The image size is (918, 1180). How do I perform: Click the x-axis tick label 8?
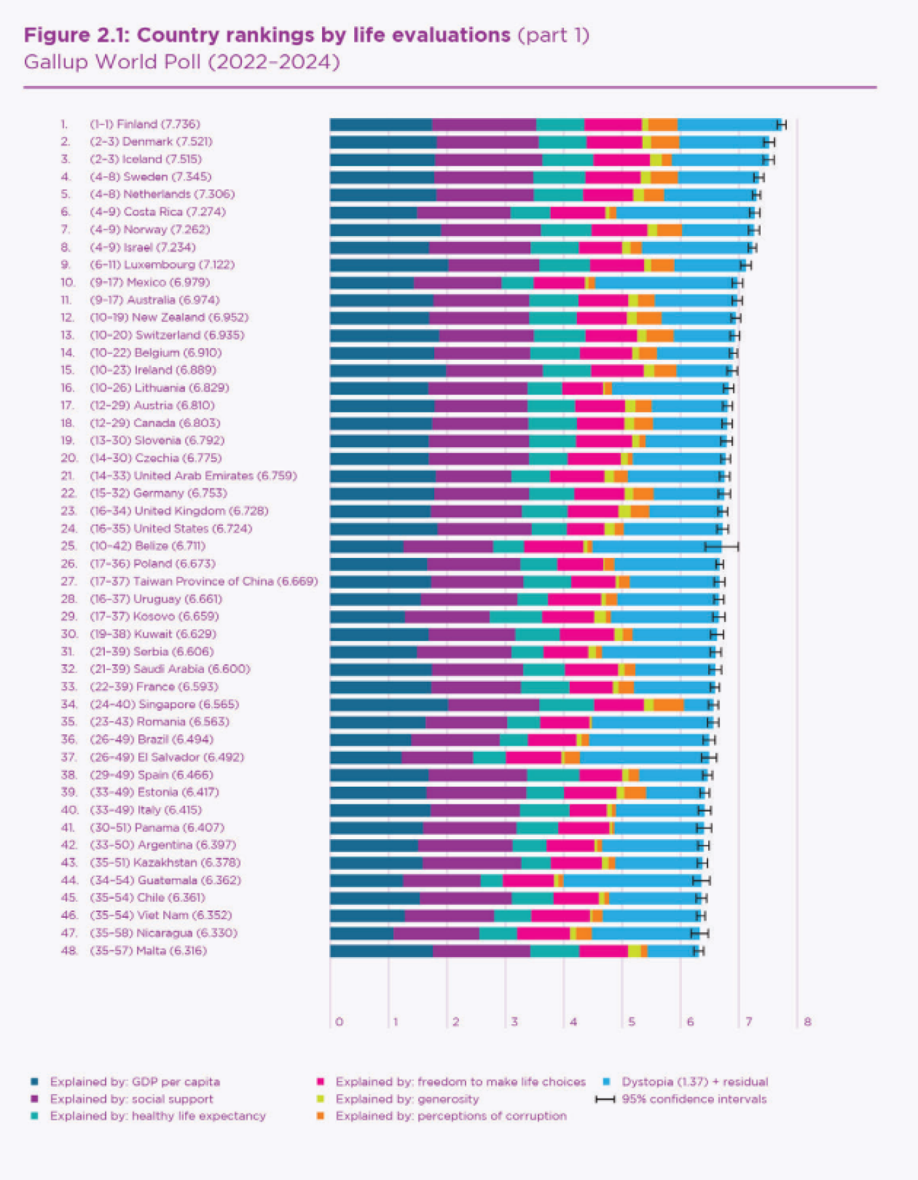coord(807,1021)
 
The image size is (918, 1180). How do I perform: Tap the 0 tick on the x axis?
coord(339,1021)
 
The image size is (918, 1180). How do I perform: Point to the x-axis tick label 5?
coord(631,1021)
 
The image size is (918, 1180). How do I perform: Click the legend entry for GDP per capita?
coord(134,1082)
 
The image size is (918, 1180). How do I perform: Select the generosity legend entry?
coord(407,1099)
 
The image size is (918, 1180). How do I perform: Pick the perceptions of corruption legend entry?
coord(450,1116)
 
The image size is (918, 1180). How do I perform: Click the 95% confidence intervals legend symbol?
coord(605,1099)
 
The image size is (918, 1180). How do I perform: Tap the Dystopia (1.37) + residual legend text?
coord(694,1082)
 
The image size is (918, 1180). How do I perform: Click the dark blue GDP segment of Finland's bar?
coord(381,125)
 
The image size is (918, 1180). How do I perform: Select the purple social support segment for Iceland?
coord(488,159)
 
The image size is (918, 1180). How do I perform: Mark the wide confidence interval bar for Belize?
coord(721,546)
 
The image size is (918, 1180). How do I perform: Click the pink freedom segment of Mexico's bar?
coord(559,283)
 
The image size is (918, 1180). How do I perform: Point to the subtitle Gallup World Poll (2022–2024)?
coord(182,62)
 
